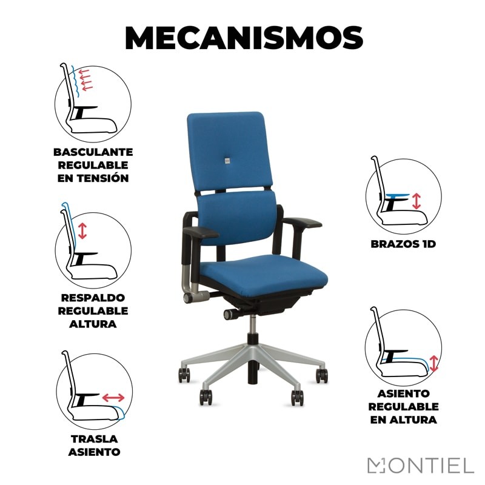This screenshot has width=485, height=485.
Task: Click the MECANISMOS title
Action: [x=243, y=38]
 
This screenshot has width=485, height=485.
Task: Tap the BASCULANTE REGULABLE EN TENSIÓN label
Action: [x=93, y=165]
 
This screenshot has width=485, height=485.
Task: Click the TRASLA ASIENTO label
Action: [x=93, y=445]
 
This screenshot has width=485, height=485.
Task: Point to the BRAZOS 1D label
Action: [x=403, y=244]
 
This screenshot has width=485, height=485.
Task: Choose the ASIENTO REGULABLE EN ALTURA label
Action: [x=403, y=406]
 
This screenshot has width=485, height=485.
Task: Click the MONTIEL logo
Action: [x=420, y=466]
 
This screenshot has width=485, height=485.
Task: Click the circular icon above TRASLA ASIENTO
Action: [x=94, y=387]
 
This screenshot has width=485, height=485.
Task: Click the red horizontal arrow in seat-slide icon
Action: [x=113, y=398]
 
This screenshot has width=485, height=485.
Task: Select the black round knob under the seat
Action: [x=229, y=314]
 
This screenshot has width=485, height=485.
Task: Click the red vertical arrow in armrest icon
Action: [x=416, y=201]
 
